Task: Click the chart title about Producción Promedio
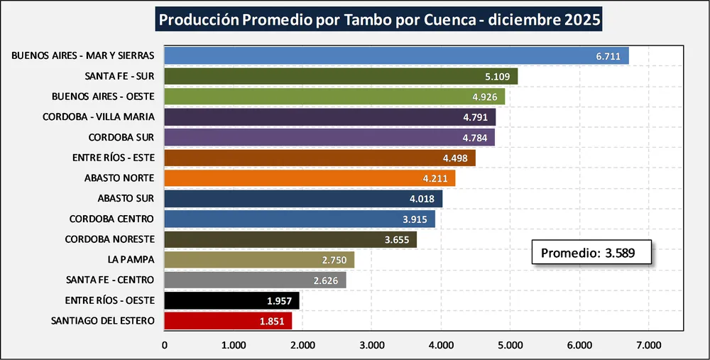click(x=379, y=20)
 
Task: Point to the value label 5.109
click(x=496, y=76)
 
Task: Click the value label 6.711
click(x=607, y=55)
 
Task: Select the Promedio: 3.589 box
click(x=591, y=253)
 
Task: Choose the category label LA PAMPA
click(x=131, y=260)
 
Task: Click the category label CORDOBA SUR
click(x=121, y=137)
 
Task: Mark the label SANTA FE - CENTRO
click(x=109, y=280)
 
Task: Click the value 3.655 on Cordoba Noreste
click(x=395, y=239)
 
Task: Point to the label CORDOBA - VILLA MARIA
click(x=99, y=116)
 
